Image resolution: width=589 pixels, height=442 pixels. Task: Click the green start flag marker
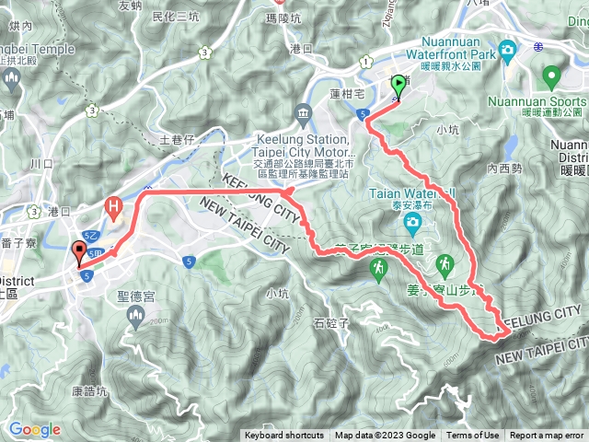398,87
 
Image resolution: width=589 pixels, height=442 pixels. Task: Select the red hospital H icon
114,206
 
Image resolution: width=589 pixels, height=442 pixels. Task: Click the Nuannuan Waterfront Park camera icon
506,48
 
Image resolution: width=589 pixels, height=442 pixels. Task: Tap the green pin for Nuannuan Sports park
551,76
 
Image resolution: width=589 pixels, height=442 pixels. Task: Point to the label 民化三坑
175,17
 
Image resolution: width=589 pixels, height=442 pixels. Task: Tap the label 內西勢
505,169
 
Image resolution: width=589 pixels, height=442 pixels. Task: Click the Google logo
35,429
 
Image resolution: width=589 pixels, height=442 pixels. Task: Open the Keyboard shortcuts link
284,436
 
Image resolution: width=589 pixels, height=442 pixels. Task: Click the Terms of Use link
473,436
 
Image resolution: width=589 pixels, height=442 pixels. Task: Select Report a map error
547,436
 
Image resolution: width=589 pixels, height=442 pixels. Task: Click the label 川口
42,163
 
